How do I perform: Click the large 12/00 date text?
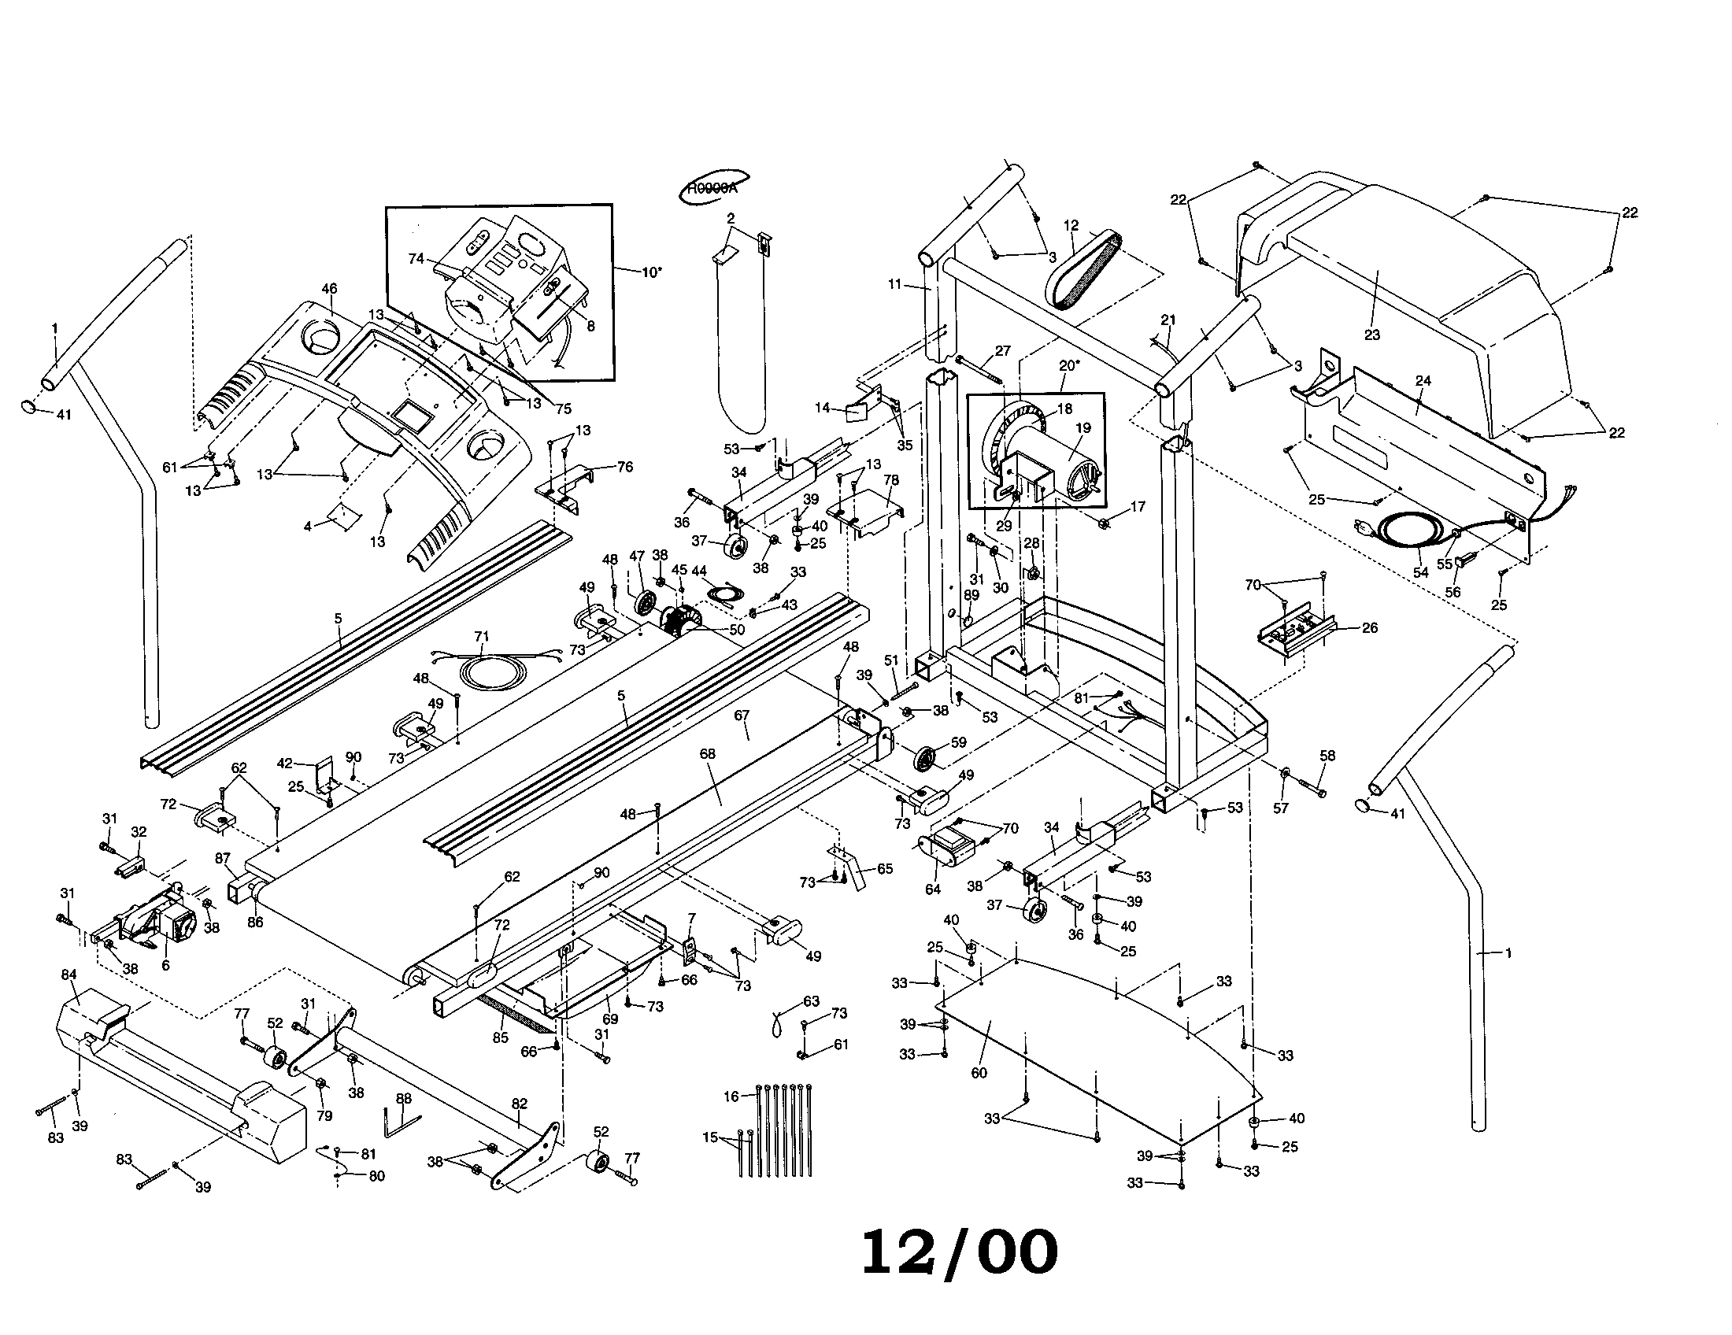pyautogui.click(x=959, y=1252)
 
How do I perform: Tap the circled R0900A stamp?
pyautogui.click(x=712, y=189)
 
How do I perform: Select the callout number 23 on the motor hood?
pyautogui.click(x=1371, y=335)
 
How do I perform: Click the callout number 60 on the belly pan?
pyautogui.click(x=979, y=1073)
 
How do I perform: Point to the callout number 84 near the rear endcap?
pyautogui.click(x=70, y=974)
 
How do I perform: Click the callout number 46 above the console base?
pyautogui.click(x=329, y=290)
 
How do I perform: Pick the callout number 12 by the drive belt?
pyautogui.click(x=1071, y=225)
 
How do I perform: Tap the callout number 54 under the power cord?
pyautogui.click(x=1420, y=571)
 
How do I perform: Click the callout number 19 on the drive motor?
pyautogui.click(x=1082, y=428)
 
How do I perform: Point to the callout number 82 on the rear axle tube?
pyautogui.click(x=519, y=1104)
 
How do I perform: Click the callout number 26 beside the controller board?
pyautogui.click(x=1370, y=627)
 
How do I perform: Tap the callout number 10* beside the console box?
pyautogui.click(x=651, y=272)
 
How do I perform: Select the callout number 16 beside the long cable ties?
pyautogui.click(x=731, y=1096)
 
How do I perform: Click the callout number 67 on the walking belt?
pyautogui.click(x=742, y=715)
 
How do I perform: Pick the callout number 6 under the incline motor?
pyautogui.click(x=165, y=966)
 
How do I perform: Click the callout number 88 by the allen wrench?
pyautogui.click(x=404, y=1099)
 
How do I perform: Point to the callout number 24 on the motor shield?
pyautogui.click(x=1423, y=380)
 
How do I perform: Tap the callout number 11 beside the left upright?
pyautogui.click(x=895, y=284)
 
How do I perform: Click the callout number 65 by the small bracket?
pyautogui.click(x=885, y=868)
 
